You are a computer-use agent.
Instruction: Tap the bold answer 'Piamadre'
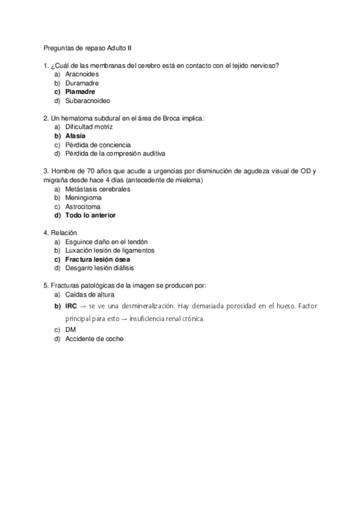click(x=81, y=91)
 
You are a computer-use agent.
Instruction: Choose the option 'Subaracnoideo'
click(x=88, y=100)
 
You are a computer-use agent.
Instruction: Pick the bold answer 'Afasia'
click(x=76, y=136)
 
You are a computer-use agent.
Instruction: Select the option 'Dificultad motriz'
click(x=89, y=127)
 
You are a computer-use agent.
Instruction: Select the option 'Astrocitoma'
click(x=83, y=206)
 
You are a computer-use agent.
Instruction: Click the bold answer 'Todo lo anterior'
click(x=91, y=215)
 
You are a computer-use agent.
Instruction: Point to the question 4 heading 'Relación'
click(x=63, y=233)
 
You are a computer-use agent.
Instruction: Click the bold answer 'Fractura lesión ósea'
click(x=97, y=259)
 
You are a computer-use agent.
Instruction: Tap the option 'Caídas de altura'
click(x=90, y=295)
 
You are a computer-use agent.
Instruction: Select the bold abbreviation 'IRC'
click(x=72, y=307)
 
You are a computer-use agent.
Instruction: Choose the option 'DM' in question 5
click(x=71, y=330)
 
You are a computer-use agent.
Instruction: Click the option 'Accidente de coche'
click(x=94, y=339)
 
